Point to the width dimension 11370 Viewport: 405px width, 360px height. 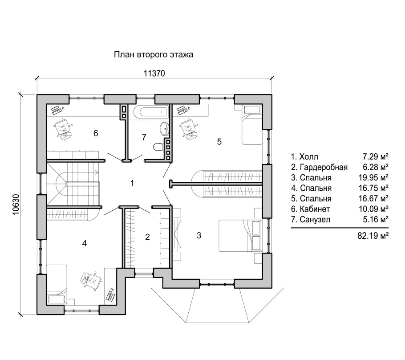coord(154,74)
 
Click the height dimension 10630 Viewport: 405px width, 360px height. coord(16,205)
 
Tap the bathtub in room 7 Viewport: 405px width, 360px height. coord(150,112)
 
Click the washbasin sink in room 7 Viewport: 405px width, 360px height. coord(164,129)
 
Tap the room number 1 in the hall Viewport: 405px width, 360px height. coord(132,184)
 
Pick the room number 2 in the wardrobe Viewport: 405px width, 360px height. coord(147,237)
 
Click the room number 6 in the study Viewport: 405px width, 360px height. coord(96,133)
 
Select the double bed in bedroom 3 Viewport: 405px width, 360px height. coord(240,236)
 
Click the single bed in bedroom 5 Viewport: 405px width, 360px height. coord(252,125)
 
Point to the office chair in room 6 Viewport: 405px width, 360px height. coord(63,128)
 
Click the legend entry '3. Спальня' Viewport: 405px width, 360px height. coord(311,178)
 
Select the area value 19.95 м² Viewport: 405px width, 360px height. coord(373,178)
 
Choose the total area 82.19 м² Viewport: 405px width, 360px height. coord(373,236)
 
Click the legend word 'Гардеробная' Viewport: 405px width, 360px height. coord(324,168)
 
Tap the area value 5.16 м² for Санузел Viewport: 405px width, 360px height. coord(375,220)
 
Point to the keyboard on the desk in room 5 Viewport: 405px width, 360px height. coord(184,110)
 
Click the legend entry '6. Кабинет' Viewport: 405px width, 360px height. coord(311,209)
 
